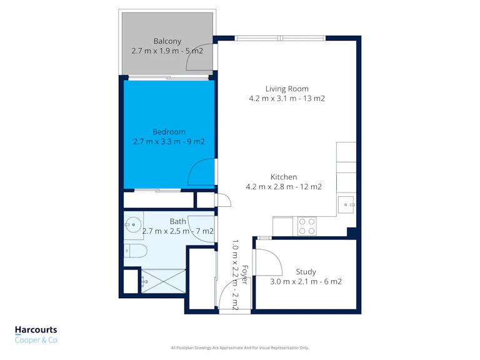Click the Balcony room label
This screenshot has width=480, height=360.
pos(167,41)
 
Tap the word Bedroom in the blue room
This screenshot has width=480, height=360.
pos(169,132)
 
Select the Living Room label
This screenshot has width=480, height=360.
pos(287,89)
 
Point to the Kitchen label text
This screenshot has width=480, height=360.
pos(284,177)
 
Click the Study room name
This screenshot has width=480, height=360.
pos(306,272)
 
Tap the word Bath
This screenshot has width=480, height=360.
pos(178,221)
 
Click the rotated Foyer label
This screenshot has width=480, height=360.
pos(245,275)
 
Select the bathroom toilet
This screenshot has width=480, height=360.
pos(135,251)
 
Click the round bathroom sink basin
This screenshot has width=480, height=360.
pos(133,225)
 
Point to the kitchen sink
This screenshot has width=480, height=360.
pos(346,204)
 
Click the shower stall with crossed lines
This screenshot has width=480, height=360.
pos(164,281)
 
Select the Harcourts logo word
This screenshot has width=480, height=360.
pos(36,330)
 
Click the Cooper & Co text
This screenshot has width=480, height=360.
pos(36,340)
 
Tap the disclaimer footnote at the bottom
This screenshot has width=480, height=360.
pos(240,347)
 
